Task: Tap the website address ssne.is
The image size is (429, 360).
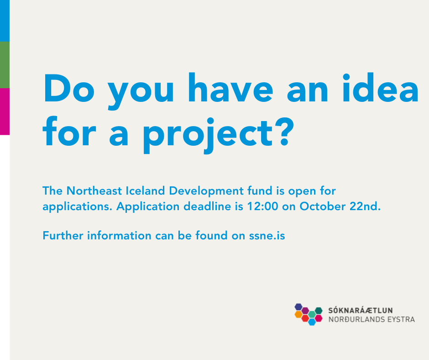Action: pyautogui.click(x=267, y=236)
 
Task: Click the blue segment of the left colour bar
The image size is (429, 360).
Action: pyautogui.click(x=5, y=21)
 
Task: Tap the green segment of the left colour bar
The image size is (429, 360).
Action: pyautogui.click(x=5, y=64)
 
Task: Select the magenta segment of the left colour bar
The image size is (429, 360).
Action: pyautogui.click(x=5, y=111)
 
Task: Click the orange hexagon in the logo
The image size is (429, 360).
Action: pyautogui.click(x=298, y=314)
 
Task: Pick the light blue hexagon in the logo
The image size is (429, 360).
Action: pyautogui.click(x=312, y=322)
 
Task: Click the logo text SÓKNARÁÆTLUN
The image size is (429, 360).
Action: pyautogui.click(x=361, y=311)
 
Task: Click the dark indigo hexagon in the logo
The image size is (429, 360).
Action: pyautogui.click(x=298, y=307)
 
